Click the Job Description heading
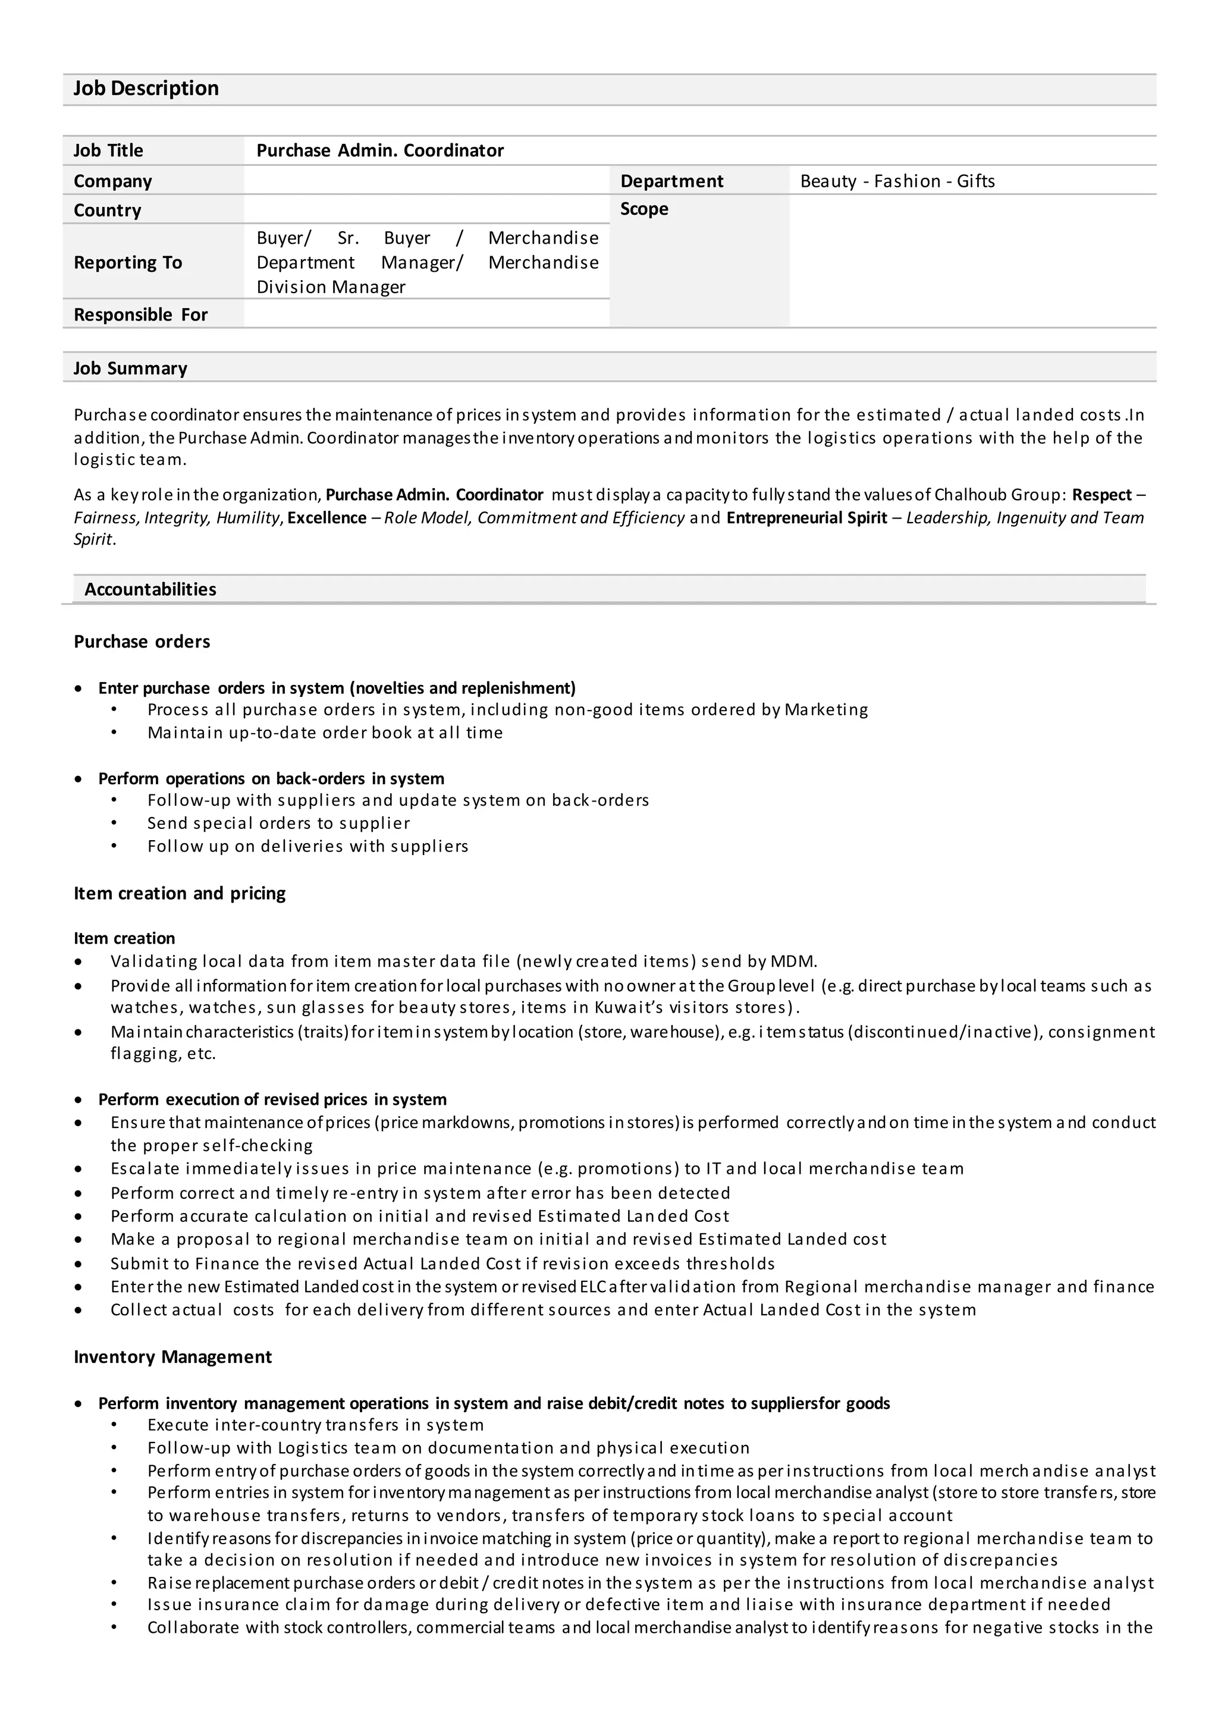point(146,89)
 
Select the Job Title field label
point(108,151)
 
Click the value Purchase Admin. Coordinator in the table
point(379,151)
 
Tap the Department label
point(671,181)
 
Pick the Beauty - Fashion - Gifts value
point(897,181)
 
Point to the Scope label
point(643,209)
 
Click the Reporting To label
point(127,262)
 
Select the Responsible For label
point(140,315)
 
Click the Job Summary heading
point(130,368)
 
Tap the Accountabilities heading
point(150,589)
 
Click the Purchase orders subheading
point(142,642)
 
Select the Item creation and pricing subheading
point(179,893)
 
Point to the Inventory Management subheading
point(172,1357)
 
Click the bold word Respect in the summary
point(1101,495)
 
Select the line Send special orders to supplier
point(278,824)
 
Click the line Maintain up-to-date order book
point(325,733)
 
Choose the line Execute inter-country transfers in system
point(315,1425)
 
